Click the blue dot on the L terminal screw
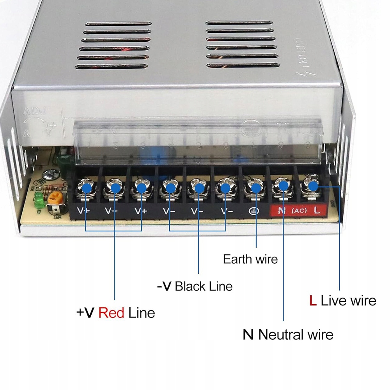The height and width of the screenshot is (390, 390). point(312,187)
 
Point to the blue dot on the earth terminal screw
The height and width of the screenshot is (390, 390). point(256,188)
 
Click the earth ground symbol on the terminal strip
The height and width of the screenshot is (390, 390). point(252,211)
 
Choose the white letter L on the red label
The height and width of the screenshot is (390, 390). point(317,211)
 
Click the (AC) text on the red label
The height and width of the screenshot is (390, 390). point(299,211)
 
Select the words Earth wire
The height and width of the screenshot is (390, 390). point(250,259)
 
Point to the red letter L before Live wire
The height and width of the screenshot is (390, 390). point(312,301)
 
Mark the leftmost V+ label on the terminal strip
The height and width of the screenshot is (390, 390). point(83,211)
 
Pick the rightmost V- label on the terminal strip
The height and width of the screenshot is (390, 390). point(226,211)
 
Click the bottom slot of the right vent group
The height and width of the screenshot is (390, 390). point(243,65)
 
